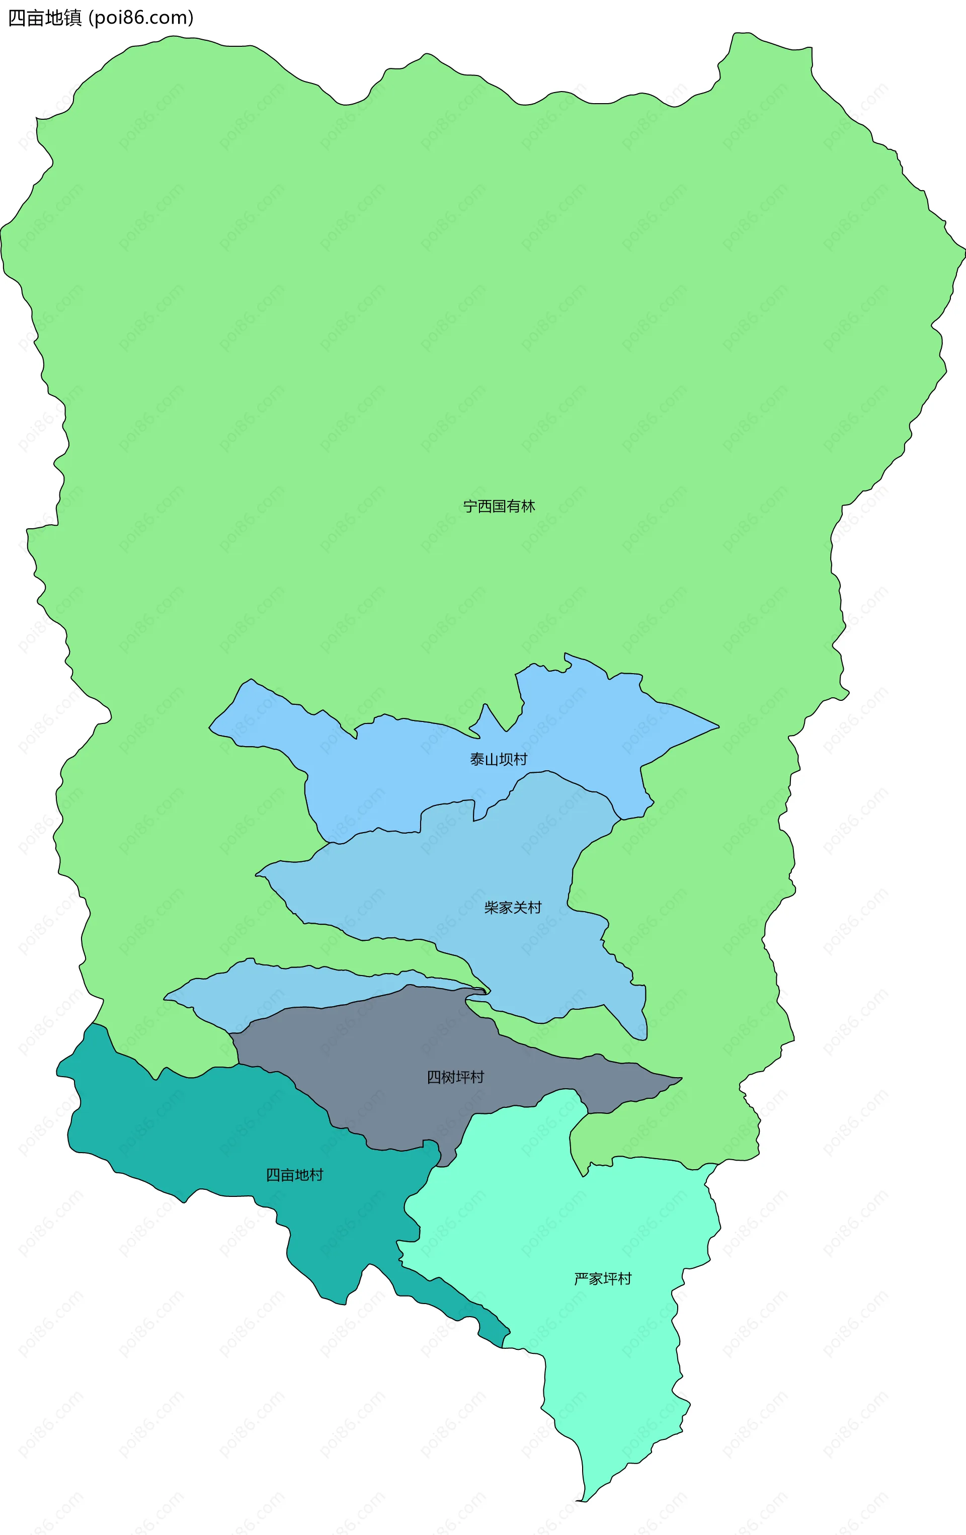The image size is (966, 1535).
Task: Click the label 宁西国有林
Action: (499, 506)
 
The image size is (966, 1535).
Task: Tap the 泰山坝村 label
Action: (499, 759)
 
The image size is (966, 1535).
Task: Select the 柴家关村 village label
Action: (513, 907)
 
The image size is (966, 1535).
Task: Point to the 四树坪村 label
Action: (455, 1077)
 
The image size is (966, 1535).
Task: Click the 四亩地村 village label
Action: (295, 1174)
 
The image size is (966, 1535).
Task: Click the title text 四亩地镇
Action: (45, 18)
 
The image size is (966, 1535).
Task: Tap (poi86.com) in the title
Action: (141, 18)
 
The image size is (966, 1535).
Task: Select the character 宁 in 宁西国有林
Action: (470, 506)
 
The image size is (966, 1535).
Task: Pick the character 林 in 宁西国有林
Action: (528, 506)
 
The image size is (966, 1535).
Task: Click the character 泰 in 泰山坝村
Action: (477, 759)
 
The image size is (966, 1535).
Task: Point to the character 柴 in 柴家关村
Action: (491, 907)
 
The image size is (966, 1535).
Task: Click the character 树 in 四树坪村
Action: (448, 1077)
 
